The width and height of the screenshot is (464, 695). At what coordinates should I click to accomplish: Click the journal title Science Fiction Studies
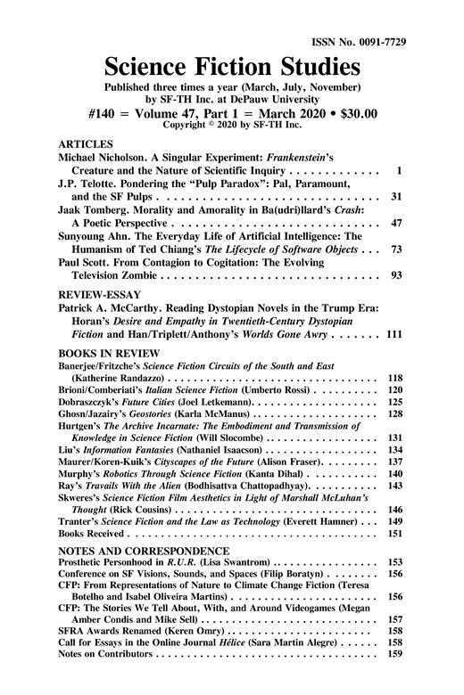coord(232,67)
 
